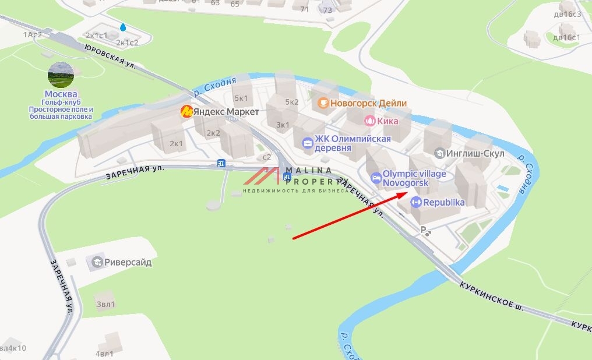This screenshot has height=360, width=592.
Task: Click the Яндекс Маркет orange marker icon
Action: pos(186,111)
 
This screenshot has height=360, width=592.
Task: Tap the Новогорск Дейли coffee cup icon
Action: pos(323,103)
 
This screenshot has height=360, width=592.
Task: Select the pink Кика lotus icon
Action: pos(369,121)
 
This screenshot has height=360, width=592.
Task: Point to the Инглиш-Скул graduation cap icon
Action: pos(441,153)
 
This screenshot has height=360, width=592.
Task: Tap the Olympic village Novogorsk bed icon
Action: pos(375,177)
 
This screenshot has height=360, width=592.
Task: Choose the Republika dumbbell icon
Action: pos(416,203)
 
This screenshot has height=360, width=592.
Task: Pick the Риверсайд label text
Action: pos(128,262)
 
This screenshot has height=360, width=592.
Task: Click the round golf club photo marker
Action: pos(61,75)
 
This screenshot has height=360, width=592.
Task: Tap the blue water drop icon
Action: pos(123,27)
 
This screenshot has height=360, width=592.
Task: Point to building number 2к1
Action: pos(176,143)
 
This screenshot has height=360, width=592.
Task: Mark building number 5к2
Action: pos(291,101)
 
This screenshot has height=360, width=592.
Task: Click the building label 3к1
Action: pos(283,125)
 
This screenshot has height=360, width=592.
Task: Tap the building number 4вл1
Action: pos(104,354)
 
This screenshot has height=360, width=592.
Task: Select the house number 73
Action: pos(327,9)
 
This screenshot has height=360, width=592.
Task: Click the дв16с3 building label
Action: pos(567,15)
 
